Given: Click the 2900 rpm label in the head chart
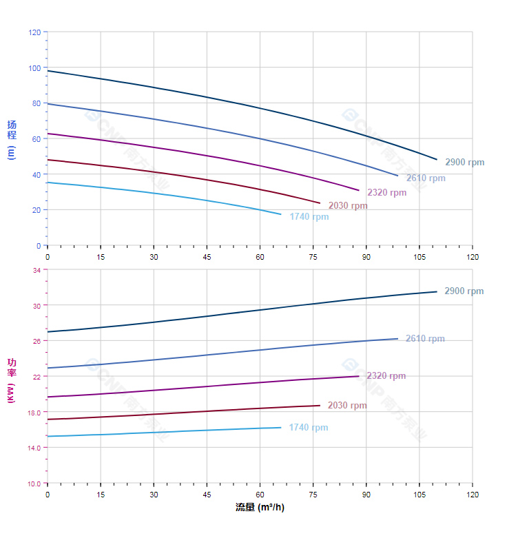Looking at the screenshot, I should point(464,163).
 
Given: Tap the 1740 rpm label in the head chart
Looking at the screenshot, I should point(309,217).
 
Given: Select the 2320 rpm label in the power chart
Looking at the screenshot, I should point(386,376).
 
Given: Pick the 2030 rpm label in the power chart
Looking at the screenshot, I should point(347,406).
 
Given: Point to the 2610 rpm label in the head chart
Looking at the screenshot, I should point(426,178).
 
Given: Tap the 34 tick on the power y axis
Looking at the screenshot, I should point(37,270).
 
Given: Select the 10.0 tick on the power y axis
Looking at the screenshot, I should point(34,484).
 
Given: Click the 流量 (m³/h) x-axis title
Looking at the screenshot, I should point(260,508).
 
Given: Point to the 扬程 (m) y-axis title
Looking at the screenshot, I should point(12,140).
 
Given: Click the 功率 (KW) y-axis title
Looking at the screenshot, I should point(12,380).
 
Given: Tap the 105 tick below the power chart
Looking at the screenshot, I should point(419,495).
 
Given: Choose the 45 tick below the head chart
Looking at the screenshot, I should point(207,257).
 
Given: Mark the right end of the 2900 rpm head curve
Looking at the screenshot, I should point(437,160).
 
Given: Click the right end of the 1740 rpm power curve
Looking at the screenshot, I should point(281,428).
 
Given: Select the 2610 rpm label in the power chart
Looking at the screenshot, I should point(425,339).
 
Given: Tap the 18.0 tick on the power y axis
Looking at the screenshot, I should point(34,413).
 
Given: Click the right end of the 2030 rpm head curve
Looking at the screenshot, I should point(320,203).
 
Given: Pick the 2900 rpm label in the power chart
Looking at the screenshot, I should point(464,291).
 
